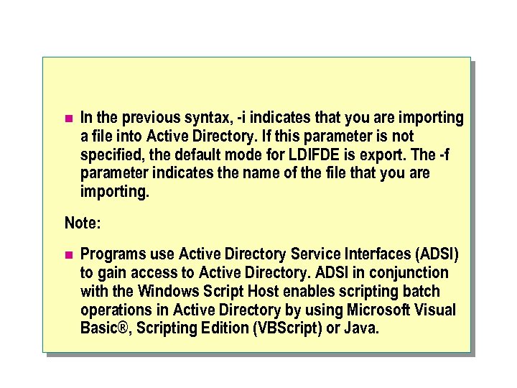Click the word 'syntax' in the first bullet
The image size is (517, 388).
tap(204, 118)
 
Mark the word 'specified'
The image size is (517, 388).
tap(111, 155)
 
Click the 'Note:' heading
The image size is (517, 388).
tap(83, 223)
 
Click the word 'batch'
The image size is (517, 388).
tap(421, 292)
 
